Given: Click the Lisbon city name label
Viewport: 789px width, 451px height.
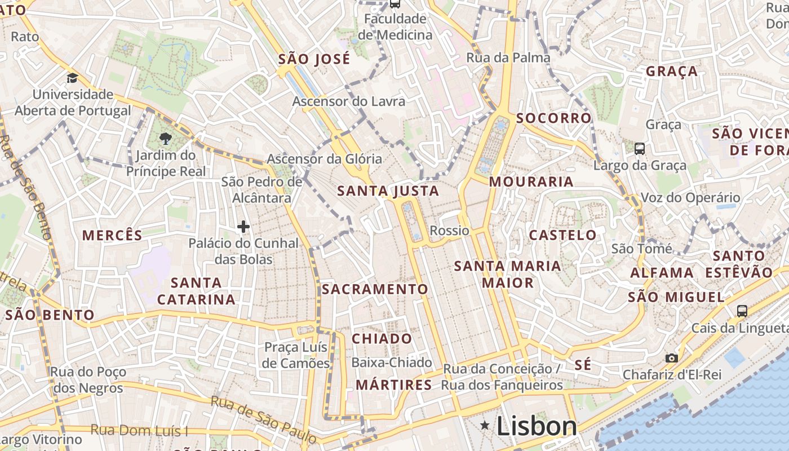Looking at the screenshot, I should coord(537,426).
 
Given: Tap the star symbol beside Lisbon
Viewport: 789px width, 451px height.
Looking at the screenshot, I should coord(485,425).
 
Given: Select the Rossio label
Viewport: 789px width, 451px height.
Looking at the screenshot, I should coord(449,231).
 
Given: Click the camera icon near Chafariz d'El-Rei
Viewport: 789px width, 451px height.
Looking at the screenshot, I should coord(671,358).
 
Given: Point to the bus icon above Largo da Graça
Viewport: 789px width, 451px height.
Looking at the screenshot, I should coord(639,149).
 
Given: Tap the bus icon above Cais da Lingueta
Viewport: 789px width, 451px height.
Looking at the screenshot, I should coord(742,311).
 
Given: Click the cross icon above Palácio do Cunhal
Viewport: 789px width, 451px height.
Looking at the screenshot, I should coord(243,227).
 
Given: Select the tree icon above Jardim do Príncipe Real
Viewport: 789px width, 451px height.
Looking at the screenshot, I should coord(165,138).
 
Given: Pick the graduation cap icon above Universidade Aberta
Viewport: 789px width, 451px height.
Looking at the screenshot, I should coord(72,78).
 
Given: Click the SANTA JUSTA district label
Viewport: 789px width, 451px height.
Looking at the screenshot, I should coord(388,191).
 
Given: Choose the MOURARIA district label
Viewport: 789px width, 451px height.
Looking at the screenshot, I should coord(531,182).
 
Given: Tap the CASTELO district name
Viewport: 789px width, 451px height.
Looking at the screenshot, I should coord(562,235).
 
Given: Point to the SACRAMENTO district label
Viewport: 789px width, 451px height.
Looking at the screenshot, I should coord(375,289).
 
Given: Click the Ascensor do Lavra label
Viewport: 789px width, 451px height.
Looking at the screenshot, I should coord(348,101).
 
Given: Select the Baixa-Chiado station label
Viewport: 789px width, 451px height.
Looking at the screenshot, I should coord(392,362).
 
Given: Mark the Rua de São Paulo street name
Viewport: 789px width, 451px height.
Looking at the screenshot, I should coord(264,419).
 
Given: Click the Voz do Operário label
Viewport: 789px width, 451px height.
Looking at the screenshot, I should coord(690,198).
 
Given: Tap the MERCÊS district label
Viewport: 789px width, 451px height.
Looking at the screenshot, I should coord(113,235).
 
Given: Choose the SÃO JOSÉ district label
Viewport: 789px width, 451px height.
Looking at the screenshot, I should coord(314,59).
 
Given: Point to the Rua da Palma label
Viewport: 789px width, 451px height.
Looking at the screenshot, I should coord(508,58).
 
